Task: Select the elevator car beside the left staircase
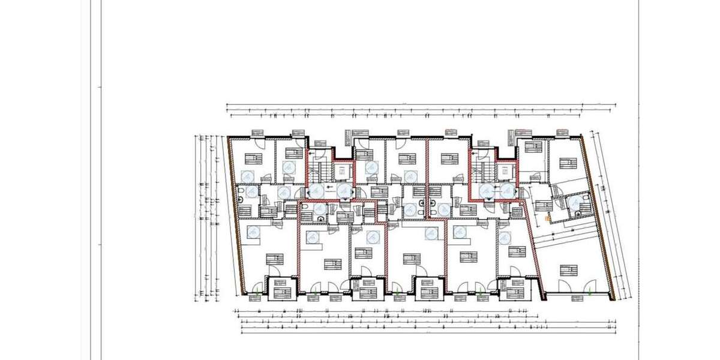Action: click(341, 170)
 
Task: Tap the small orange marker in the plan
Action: click(547, 220)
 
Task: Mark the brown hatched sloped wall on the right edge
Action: click(602, 216)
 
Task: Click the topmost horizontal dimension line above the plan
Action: click(420, 104)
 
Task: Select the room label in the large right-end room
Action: click(568, 269)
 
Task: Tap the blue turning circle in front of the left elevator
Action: click(343, 191)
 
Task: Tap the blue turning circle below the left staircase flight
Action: click(315, 191)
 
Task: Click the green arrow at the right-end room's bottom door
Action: click(591, 293)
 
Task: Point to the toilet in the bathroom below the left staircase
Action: click(305, 207)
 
